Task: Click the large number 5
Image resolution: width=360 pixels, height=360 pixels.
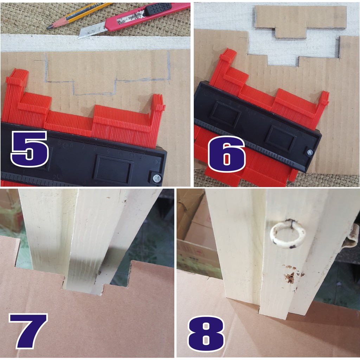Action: tap(30, 149)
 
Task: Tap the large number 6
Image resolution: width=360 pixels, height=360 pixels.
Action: tap(227, 154)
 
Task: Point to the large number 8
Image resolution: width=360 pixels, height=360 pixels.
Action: tap(206, 334)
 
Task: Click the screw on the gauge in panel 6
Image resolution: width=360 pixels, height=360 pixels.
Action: tap(310, 152)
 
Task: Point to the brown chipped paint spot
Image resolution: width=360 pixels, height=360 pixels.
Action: tap(290, 277)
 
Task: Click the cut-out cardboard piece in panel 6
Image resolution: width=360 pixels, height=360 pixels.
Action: tap(301, 21)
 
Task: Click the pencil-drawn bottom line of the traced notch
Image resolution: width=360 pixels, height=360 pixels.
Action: tap(94, 94)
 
